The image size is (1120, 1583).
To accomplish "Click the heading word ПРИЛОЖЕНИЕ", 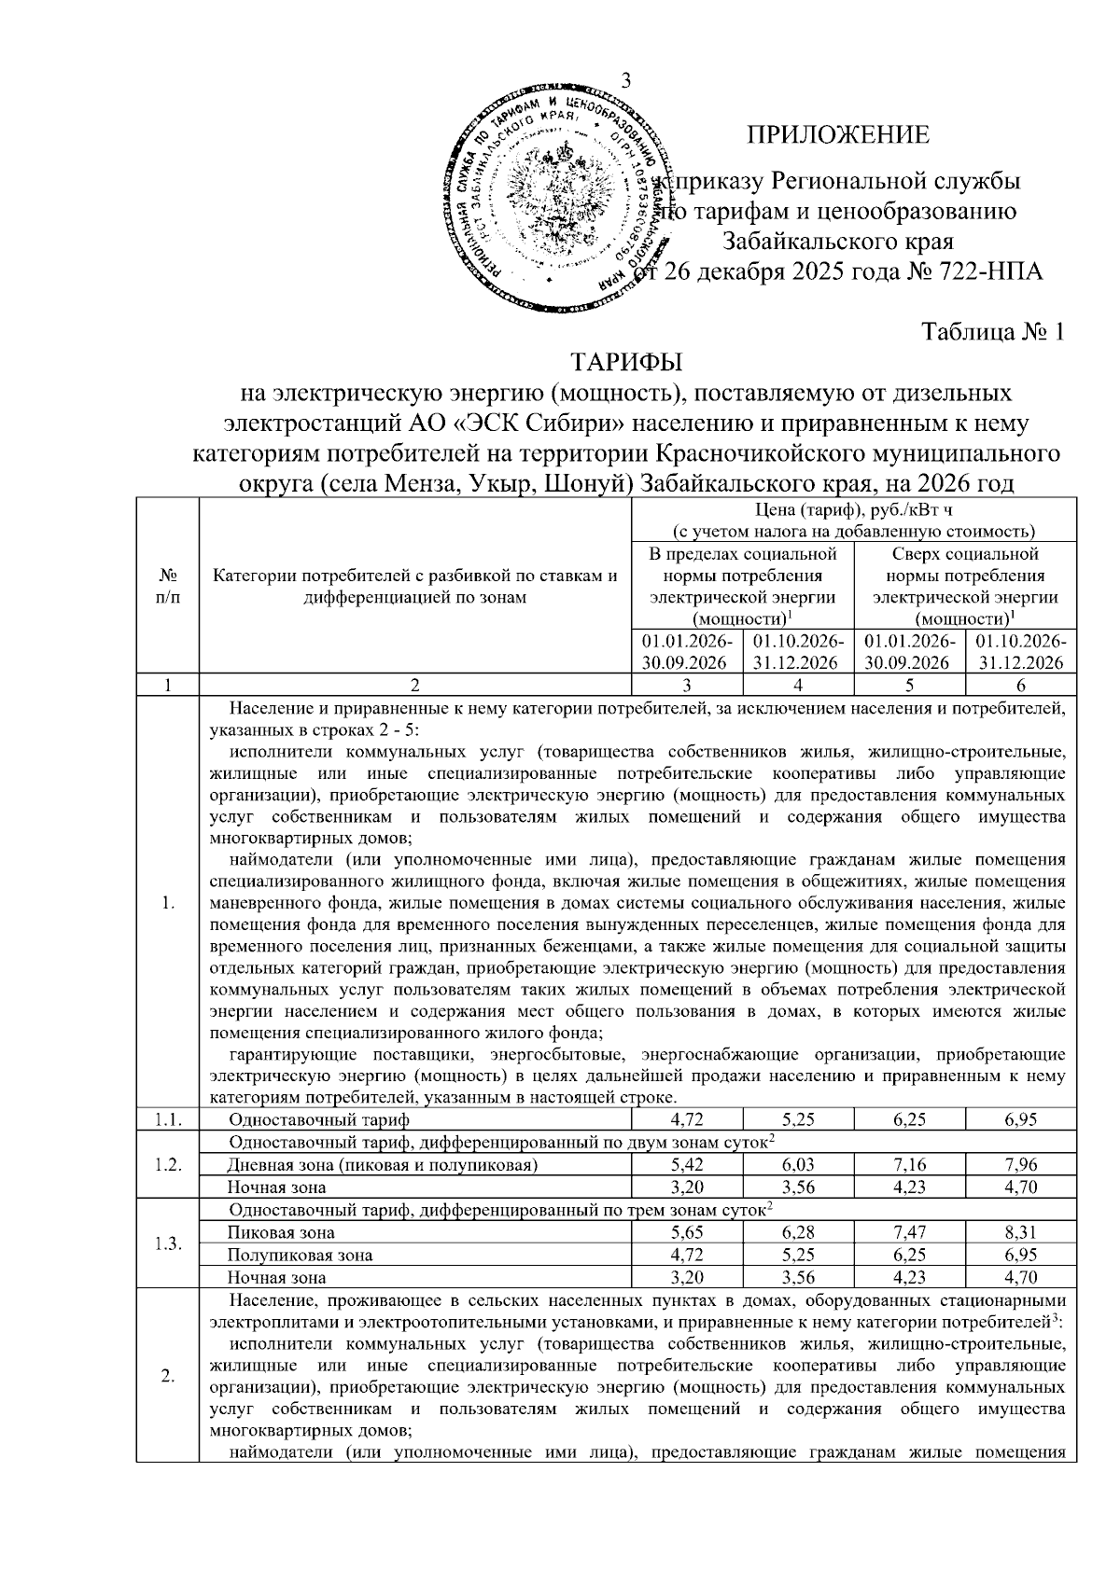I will tap(837, 134).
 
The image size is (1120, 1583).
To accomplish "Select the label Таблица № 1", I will tap(993, 332).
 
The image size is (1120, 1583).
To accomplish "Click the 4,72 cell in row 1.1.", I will tap(687, 1119).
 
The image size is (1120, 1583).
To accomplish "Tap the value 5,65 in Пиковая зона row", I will tap(687, 1232).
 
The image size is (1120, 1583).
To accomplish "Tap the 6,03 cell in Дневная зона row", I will tap(799, 1164).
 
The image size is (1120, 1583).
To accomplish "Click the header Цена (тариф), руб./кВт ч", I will tap(854, 509).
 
